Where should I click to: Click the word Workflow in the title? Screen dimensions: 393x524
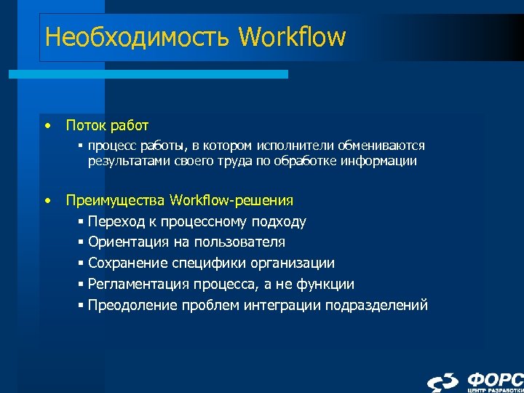[x=292, y=35]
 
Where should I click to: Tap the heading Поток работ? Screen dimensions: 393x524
[x=107, y=126]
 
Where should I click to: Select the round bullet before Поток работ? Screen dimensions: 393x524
[x=47, y=125]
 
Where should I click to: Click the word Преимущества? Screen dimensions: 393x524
[x=116, y=200]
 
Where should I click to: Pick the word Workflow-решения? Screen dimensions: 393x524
[x=231, y=200]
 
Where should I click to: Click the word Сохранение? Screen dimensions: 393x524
[x=125, y=263]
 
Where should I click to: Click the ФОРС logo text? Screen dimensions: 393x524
[x=495, y=379]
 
